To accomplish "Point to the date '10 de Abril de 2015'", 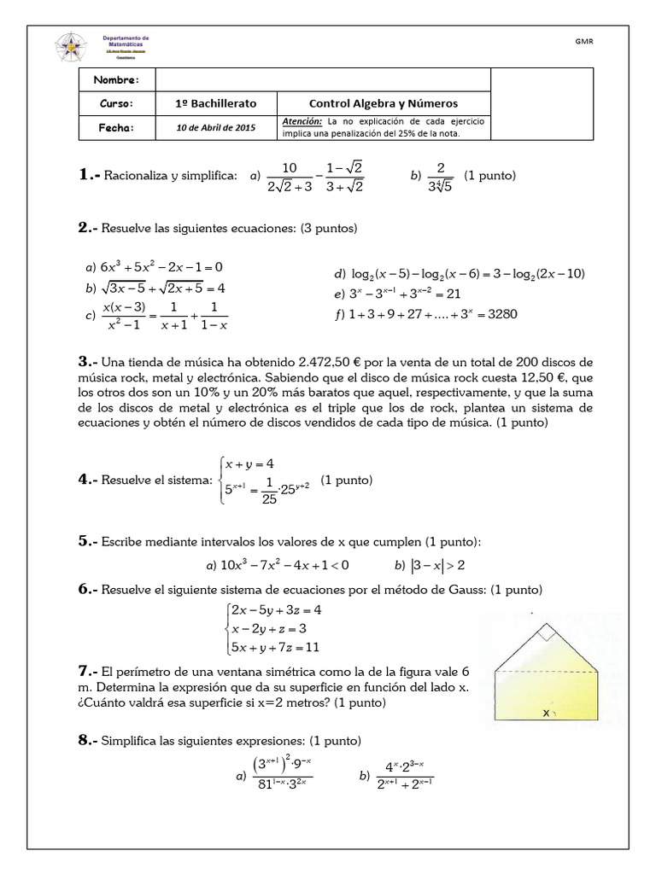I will point(216,126).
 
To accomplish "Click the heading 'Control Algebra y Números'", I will point(384,102).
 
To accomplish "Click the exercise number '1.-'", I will point(90,175).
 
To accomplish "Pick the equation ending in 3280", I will point(434,314).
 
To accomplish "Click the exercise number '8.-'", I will point(90,740).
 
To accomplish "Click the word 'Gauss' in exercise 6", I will point(451,590).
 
